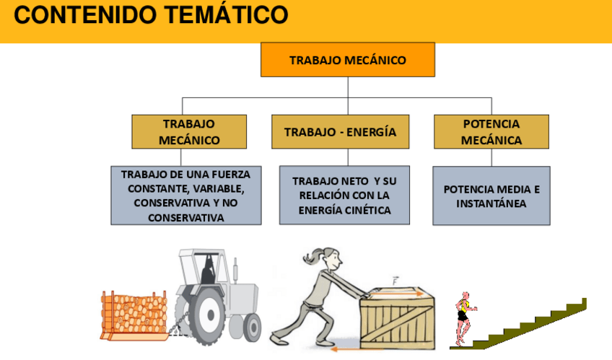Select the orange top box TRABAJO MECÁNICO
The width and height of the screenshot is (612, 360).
tap(348, 60)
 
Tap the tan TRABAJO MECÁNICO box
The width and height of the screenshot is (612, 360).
tap(189, 131)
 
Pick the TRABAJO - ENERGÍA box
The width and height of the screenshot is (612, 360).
tap(340, 132)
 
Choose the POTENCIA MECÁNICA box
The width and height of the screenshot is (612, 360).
tap(491, 131)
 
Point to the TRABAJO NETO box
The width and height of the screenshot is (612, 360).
tap(344, 195)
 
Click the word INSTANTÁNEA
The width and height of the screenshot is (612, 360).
tap(491, 203)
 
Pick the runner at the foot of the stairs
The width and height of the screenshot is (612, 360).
tap(463, 317)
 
